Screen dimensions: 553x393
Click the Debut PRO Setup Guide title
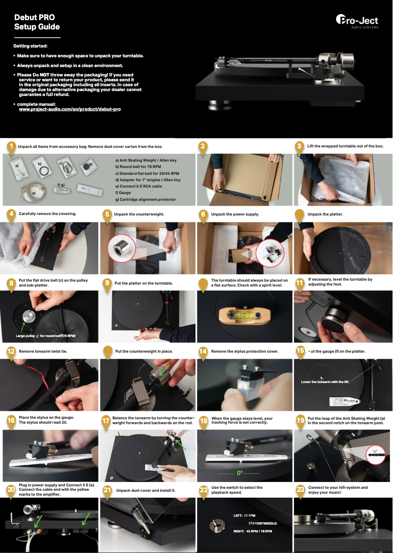pos(37,22)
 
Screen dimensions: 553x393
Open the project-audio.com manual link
pos(70,109)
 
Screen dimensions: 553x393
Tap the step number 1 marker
pos(11,146)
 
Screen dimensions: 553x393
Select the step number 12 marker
pos(11,351)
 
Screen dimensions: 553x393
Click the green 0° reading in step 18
pos(240,473)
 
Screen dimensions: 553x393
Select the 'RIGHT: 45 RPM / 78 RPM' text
pos(253,531)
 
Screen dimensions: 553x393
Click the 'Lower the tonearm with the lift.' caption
pos(324,382)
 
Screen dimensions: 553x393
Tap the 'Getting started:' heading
pos(30,46)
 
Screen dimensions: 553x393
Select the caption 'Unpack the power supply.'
pos(235,214)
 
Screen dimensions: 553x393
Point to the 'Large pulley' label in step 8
pos(27,336)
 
